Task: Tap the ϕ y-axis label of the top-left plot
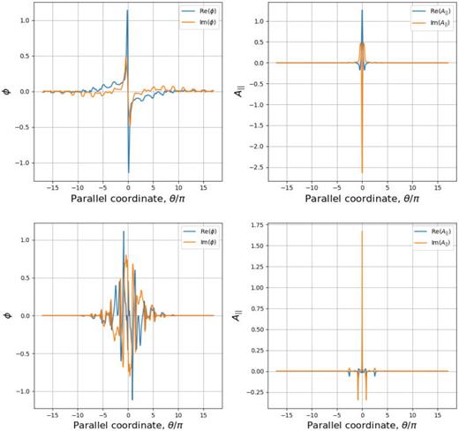click(7, 91)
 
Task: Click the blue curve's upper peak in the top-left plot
click(128, 11)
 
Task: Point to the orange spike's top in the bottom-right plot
click(362, 232)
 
